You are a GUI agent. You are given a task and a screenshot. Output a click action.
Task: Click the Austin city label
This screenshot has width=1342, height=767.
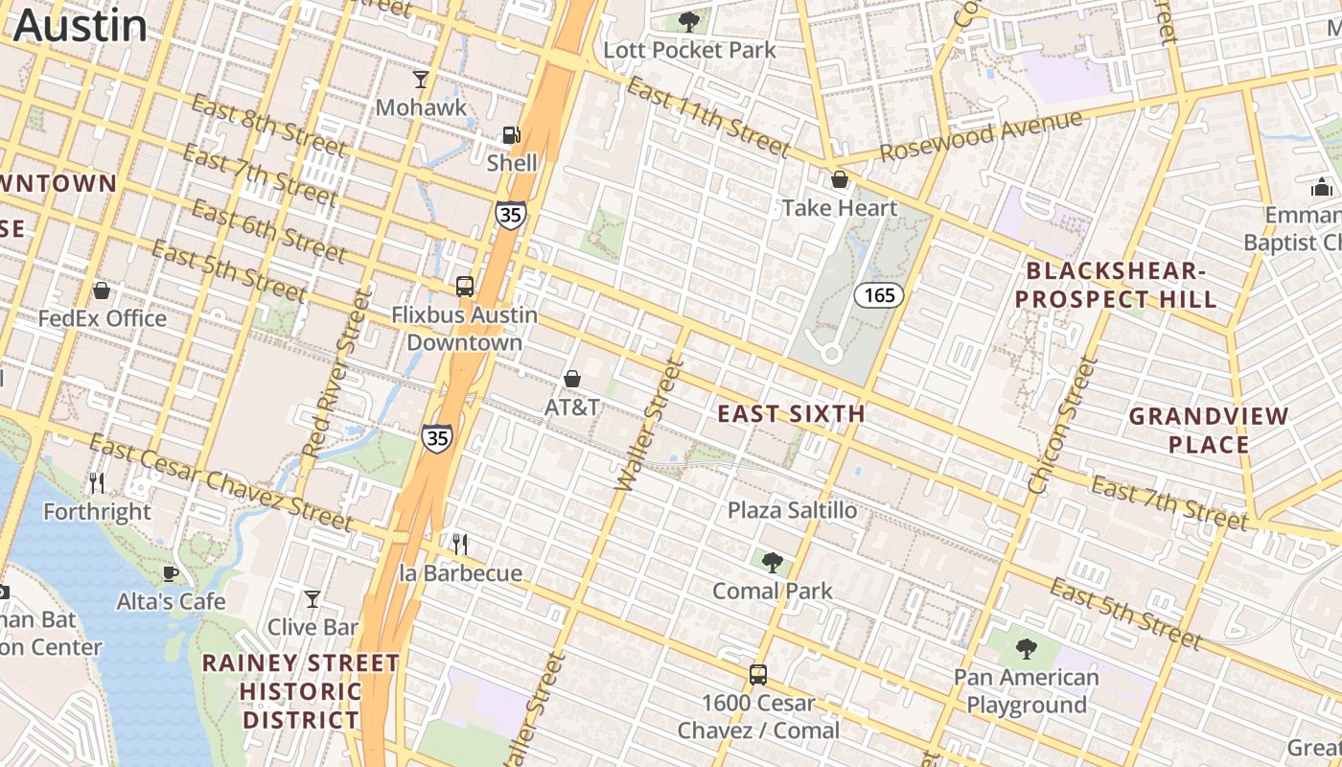click(81, 25)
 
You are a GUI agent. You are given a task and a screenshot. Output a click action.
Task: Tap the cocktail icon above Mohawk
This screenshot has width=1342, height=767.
click(421, 79)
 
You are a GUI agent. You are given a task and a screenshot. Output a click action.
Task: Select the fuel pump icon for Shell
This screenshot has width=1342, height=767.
click(512, 135)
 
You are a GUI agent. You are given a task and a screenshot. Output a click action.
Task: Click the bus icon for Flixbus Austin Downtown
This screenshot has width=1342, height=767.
click(465, 286)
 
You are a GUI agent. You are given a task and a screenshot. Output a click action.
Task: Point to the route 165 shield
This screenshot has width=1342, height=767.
click(879, 295)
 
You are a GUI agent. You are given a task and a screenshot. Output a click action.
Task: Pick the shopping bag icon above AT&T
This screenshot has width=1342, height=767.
click(572, 379)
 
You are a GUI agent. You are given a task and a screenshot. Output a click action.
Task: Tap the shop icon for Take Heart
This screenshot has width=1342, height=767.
click(840, 179)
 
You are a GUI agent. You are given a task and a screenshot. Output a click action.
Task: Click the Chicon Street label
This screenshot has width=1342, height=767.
click(1061, 426)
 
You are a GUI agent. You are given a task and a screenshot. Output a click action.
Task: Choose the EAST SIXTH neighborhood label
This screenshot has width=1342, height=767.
click(792, 414)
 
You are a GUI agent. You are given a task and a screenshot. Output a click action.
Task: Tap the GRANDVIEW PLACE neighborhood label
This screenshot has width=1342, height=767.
click(1208, 430)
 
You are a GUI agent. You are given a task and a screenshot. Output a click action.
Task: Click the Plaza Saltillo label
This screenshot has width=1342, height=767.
click(792, 510)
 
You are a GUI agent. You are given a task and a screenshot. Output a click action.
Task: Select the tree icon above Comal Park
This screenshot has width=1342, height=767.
click(772, 562)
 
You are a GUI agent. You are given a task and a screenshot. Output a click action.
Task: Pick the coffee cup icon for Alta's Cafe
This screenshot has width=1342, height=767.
click(171, 573)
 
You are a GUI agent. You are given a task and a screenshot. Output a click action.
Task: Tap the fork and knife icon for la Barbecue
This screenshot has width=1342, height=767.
click(460, 545)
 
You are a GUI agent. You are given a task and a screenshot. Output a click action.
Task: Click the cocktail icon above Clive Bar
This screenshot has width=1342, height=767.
click(312, 599)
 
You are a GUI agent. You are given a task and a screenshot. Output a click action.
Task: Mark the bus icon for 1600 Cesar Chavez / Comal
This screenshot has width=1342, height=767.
click(758, 674)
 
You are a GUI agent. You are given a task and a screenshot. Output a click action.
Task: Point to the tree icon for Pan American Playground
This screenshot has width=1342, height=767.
click(1027, 649)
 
